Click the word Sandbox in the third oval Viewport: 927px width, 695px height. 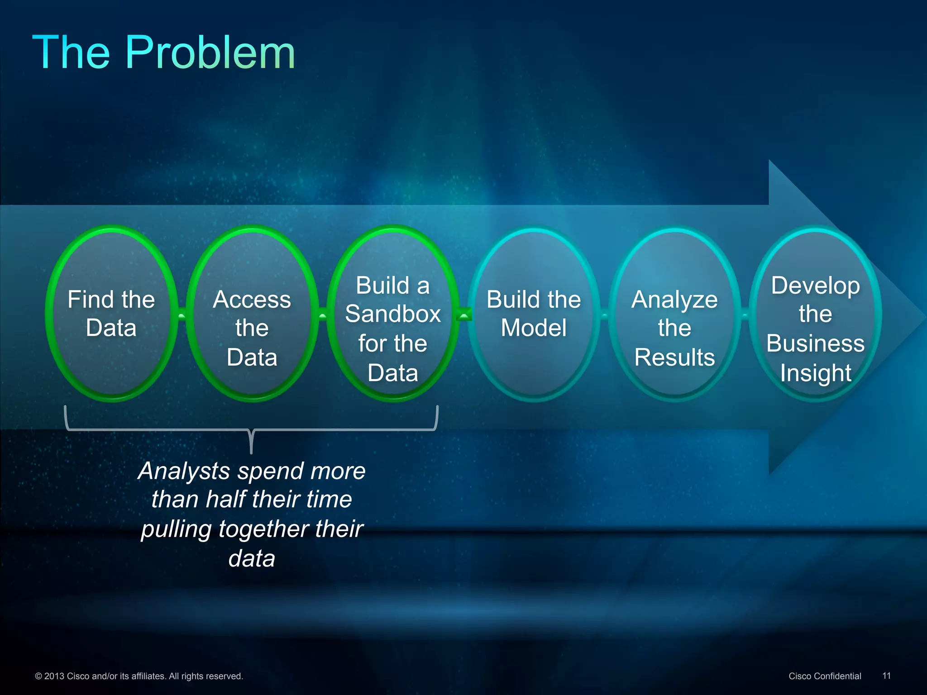(x=393, y=314)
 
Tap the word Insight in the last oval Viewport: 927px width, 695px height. (x=816, y=373)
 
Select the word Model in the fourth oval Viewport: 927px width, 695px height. (x=534, y=328)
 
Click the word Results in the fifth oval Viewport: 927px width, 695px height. (x=674, y=357)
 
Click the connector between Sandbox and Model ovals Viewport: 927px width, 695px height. (x=463, y=314)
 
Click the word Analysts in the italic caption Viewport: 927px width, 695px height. (x=184, y=471)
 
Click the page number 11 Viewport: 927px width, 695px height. (x=886, y=676)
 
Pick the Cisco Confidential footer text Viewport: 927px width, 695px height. (x=825, y=676)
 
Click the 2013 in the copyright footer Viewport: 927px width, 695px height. (x=54, y=676)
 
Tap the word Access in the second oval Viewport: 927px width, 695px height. (x=252, y=300)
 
